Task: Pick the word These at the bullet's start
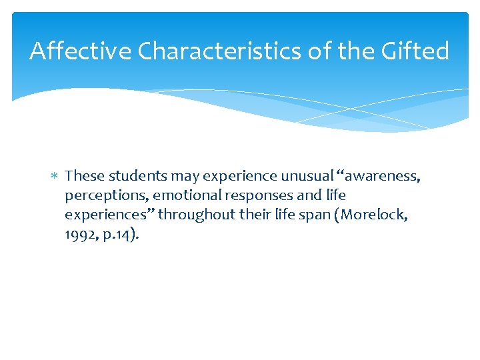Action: point(85,176)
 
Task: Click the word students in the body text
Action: point(137,176)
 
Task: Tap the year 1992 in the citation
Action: point(79,235)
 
